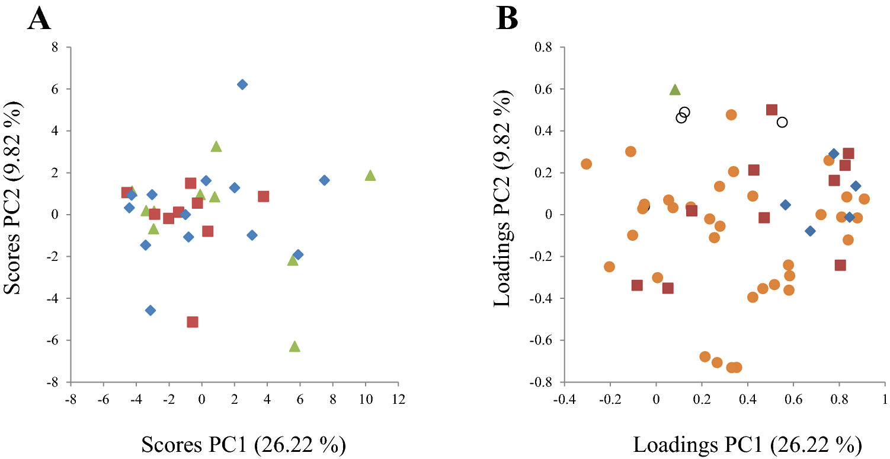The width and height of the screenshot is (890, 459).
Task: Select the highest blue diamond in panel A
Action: (242, 84)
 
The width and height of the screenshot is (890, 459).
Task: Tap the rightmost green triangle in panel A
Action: (370, 176)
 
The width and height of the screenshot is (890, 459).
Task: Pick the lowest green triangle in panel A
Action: (294, 346)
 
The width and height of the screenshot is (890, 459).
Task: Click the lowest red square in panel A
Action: (192, 322)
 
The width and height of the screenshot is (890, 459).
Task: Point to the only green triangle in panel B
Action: (675, 90)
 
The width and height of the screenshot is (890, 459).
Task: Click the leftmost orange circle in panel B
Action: (586, 164)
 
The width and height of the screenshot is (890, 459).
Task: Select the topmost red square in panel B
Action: (771, 110)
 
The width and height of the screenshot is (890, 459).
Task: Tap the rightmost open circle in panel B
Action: (782, 122)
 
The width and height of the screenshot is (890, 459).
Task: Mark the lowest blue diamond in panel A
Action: (151, 310)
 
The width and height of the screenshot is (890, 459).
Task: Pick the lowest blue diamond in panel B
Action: (810, 231)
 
